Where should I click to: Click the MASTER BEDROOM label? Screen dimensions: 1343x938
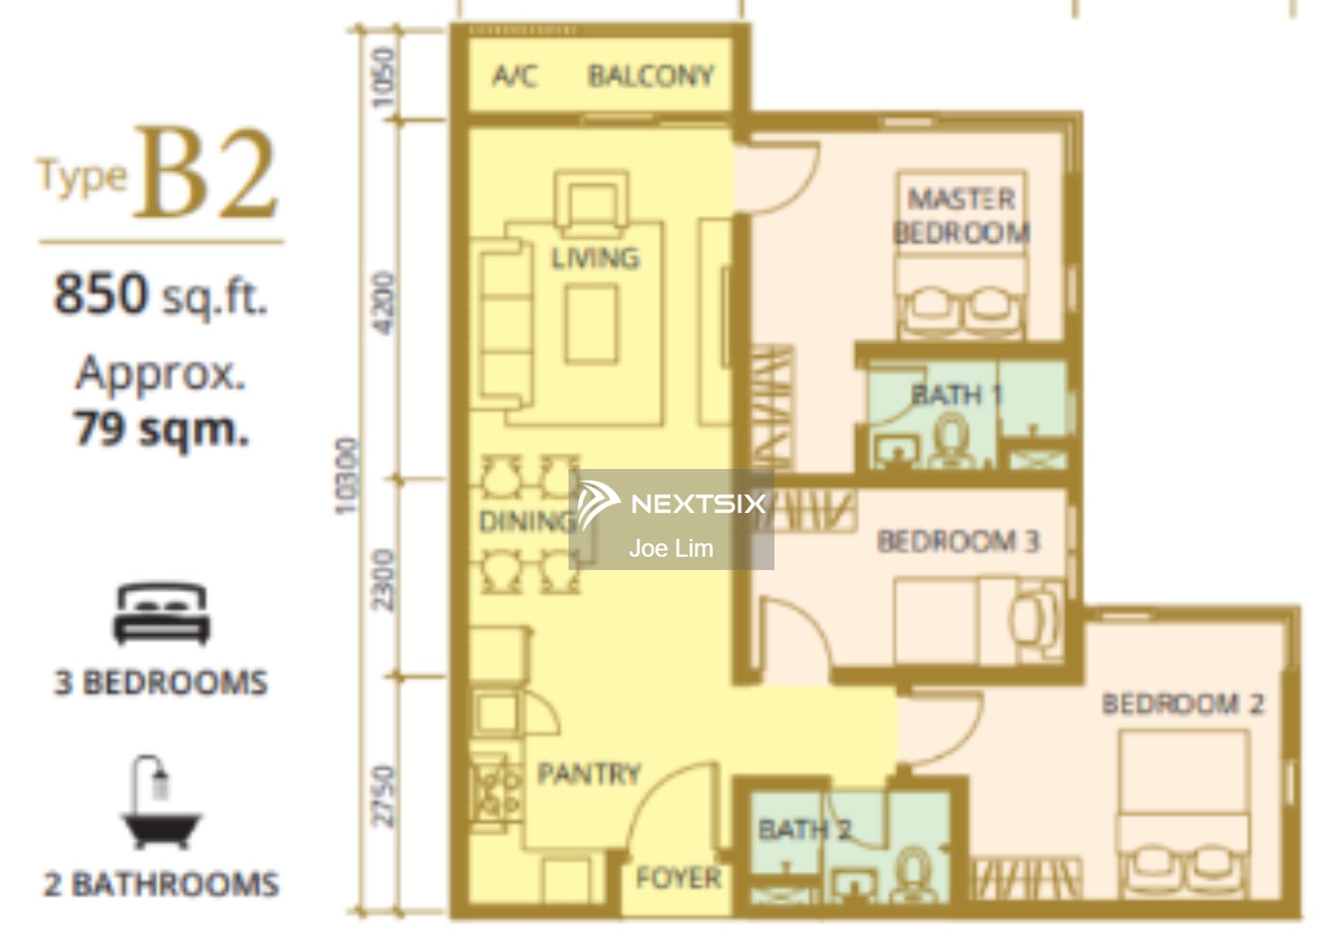tap(962, 216)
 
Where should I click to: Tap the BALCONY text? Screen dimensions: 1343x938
tap(651, 76)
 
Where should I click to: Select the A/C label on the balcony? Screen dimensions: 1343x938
tap(515, 76)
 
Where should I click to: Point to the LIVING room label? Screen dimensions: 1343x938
tap(595, 259)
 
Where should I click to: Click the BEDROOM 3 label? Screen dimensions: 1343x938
tap(958, 541)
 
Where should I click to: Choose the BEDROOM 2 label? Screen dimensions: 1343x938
tap(1183, 703)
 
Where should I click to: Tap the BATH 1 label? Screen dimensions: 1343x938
tap(956, 395)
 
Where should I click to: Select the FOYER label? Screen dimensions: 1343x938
tap(678, 878)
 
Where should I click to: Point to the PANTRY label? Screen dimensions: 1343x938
tap(589, 774)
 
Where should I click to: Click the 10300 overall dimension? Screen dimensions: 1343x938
tap(347, 476)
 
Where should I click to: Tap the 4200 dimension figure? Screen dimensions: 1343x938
tap(384, 303)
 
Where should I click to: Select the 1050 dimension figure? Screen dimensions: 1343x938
tap(384, 78)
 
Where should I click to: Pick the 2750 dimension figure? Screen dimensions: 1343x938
tap(384, 797)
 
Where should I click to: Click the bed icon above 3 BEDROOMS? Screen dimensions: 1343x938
tap(161, 613)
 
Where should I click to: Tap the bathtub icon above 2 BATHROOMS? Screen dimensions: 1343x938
tap(160, 802)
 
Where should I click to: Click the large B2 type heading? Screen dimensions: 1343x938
tap(206, 173)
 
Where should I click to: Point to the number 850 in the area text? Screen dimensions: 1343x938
tap(100, 293)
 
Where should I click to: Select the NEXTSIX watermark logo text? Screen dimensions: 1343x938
tap(698, 504)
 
